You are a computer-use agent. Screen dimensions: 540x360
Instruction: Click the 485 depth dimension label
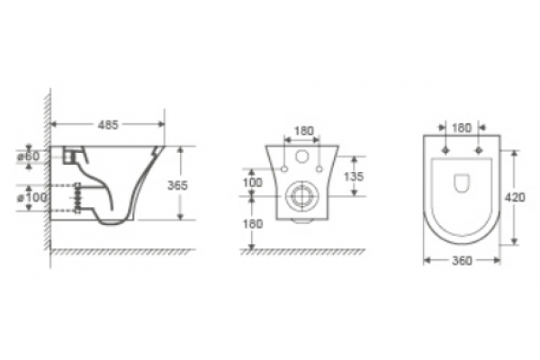click(x=108, y=125)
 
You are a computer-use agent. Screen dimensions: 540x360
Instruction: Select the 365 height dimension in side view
click(x=177, y=185)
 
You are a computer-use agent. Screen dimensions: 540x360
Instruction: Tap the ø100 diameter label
click(x=32, y=197)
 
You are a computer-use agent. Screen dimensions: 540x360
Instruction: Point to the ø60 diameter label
click(x=29, y=156)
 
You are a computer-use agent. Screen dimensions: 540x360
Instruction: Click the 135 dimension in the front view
click(x=354, y=176)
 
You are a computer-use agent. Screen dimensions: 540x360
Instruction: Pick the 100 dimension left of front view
click(x=252, y=183)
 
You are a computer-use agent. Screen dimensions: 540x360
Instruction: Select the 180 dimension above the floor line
click(x=253, y=224)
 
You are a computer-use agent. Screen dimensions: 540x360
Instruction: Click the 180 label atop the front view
click(x=304, y=131)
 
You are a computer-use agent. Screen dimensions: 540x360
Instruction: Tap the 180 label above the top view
click(x=462, y=128)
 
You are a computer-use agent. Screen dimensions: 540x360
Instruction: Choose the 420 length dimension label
click(x=515, y=198)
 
